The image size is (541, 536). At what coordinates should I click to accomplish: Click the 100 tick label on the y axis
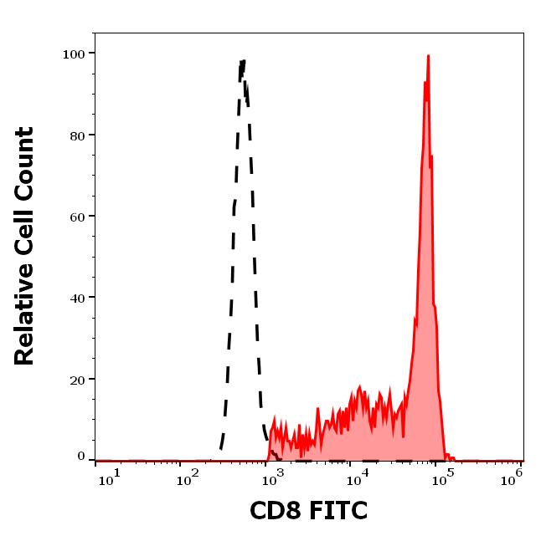75,54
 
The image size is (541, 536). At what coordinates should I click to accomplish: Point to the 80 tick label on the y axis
78,135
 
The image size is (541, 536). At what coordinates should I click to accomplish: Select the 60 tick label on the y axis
78,217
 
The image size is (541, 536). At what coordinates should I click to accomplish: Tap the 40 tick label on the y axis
78,298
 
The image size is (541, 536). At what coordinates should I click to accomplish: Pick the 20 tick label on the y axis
78,379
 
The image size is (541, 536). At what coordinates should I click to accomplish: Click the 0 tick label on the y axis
81,457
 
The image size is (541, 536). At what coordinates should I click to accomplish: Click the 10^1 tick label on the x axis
110,478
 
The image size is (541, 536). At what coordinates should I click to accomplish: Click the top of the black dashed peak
243,60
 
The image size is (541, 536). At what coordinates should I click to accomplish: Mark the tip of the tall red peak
428,56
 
